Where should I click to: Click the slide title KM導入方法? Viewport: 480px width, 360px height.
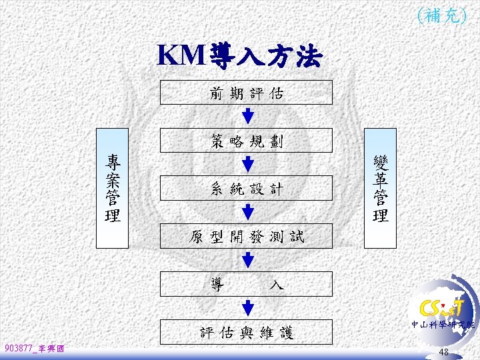(x=239, y=57)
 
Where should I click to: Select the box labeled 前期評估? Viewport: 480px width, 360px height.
(x=247, y=93)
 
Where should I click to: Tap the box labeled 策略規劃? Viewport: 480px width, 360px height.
(x=247, y=141)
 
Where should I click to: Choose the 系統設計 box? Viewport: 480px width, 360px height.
(x=247, y=188)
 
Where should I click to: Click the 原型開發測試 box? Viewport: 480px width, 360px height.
(x=247, y=236)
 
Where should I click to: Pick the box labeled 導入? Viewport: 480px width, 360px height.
(x=247, y=283)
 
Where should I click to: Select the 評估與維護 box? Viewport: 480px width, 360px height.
(x=247, y=331)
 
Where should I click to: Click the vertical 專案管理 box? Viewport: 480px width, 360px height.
(x=113, y=187)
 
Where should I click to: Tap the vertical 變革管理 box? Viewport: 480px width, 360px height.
(x=381, y=187)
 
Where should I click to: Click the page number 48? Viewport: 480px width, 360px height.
(x=444, y=351)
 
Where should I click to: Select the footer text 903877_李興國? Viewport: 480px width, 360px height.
(x=34, y=348)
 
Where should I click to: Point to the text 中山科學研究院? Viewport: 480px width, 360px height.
(x=444, y=325)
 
